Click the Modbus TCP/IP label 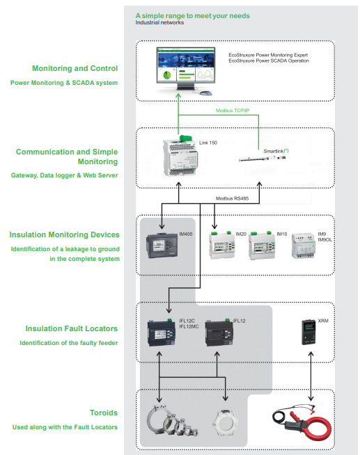233,111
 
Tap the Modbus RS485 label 232,198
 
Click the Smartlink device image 262,159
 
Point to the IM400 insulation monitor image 162,246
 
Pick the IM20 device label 241,234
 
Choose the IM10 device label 281,234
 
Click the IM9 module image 303,246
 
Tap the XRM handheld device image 308,333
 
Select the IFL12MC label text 189,326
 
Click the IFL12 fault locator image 219,333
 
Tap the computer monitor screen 186,65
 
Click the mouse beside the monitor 206,93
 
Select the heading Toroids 104,413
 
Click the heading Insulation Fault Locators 72,328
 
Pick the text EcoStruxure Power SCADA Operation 269,61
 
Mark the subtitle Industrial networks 159,22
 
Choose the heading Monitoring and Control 75,68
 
